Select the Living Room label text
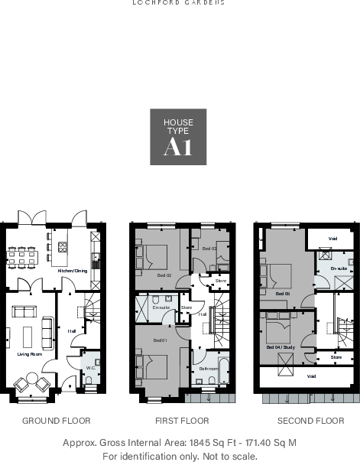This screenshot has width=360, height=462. coord(29,354)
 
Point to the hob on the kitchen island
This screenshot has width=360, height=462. coord(63,246)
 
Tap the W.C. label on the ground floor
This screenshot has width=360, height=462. coord(90,368)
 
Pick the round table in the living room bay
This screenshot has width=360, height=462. coord(31,384)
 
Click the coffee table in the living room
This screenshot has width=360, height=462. coord(29,335)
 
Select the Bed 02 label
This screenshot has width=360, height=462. coord(164,275)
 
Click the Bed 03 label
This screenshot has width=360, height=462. coord(209,249)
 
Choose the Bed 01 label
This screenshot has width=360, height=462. coord(160,340)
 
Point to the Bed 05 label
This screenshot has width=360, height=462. coord(282,294)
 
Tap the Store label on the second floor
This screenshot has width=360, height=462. coord(336,357)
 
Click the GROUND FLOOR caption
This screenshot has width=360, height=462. coord(57,421)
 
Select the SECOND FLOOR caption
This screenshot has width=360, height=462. coord(310,421)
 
